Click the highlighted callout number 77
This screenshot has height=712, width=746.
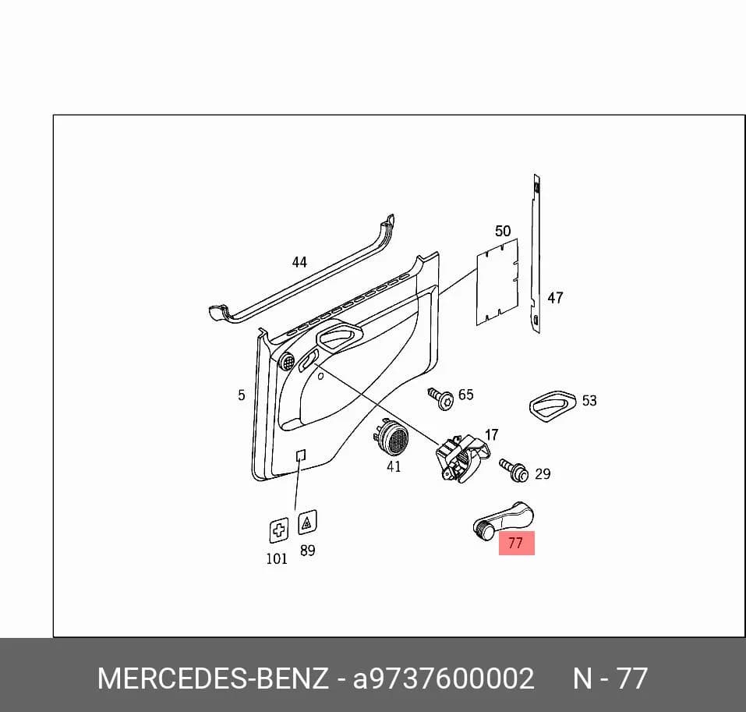click(x=516, y=543)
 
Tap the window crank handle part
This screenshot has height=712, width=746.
click(x=503, y=520)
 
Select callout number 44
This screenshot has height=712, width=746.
click(x=299, y=262)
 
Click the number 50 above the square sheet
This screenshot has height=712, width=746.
click(x=503, y=232)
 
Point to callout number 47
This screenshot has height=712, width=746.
click(x=555, y=298)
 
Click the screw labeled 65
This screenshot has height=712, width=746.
click(x=440, y=399)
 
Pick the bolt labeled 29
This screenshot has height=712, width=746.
click(x=514, y=469)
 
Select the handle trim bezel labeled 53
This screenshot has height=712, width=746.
click(x=553, y=406)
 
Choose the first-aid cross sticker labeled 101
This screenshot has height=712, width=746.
click(x=279, y=530)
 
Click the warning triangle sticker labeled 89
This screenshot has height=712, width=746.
click(x=307, y=523)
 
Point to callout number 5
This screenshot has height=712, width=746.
click(x=242, y=395)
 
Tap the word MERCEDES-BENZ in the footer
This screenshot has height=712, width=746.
click(x=213, y=678)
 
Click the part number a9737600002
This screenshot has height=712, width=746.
click(x=444, y=678)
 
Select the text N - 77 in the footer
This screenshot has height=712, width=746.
click(x=610, y=678)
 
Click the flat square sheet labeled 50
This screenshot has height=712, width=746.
click(x=497, y=282)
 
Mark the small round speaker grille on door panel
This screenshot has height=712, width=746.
click(x=288, y=362)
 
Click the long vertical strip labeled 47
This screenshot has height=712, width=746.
click(x=536, y=254)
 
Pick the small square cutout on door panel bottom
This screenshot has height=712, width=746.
click(x=300, y=455)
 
